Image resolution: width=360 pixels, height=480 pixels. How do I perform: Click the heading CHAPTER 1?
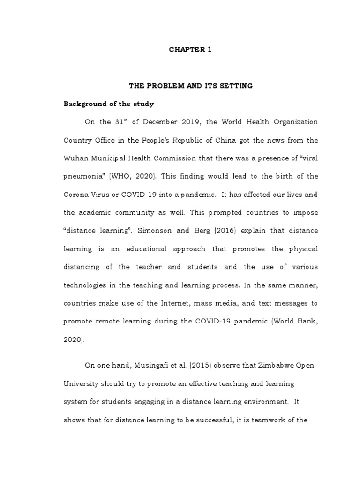click(190, 50)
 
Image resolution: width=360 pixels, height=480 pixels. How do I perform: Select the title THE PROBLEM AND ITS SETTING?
click(190, 86)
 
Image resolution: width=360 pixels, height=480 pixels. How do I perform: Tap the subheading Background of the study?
click(108, 104)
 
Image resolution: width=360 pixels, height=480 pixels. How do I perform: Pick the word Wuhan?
click(74, 158)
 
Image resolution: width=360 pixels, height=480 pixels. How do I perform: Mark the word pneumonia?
click(82, 176)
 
